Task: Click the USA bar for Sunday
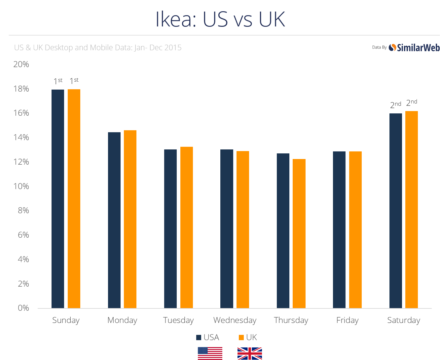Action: tap(58, 198)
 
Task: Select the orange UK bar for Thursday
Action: tap(299, 233)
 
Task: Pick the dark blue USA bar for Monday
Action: tap(114, 220)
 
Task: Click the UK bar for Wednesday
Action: tap(243, 229)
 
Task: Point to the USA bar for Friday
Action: tap(339, 230)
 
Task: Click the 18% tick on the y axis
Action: tap(21, 89)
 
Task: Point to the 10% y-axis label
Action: tap(21, 186)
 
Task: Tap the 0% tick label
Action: tap(23, 308)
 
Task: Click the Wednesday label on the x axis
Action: tap(235, 320)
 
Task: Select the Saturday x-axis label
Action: tap(404, 320)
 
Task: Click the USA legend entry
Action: tap(208, 338)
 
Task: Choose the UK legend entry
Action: tap(248, 338)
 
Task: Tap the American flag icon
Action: tap(210, 353)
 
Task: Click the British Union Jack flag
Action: tap(250, 353)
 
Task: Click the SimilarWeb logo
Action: tap(414, 48)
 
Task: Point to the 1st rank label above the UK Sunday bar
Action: tap(74, 81)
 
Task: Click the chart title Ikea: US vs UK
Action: tap(220, 19)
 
